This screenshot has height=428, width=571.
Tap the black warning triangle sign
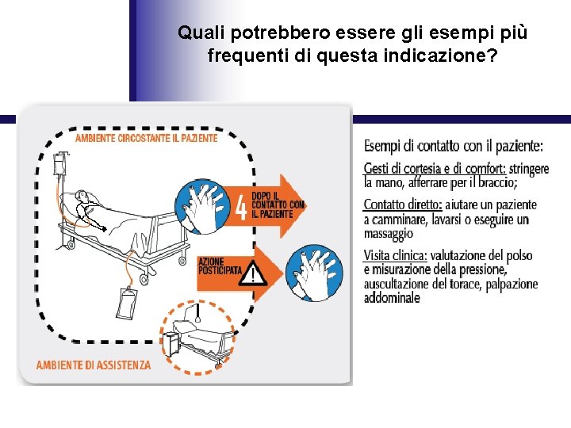click(x=253, y=273)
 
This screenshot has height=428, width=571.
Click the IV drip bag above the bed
click(x=59, y=164)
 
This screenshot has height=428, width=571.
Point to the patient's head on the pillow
click(x=81, y=196)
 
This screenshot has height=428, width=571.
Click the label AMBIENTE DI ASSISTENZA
click(x=94, y=365)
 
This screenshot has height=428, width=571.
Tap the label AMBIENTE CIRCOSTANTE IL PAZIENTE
click(x=147, y=138)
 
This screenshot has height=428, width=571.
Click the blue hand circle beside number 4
click(x=202, y=206)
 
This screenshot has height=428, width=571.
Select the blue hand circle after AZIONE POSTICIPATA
click(x=314, y=273)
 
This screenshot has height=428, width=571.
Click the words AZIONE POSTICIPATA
click(x=219, y=266)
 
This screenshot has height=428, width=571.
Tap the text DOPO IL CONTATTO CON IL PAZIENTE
click(x=278, y=205)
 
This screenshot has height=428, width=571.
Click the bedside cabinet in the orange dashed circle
click(x=170, y=345)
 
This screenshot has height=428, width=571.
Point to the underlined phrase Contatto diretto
click(x=403, y=205)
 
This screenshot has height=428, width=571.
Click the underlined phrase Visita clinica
click(x=395, y=255)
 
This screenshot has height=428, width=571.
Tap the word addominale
click(x=392, y=298)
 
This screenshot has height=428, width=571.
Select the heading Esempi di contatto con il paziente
click(x=454, y=147)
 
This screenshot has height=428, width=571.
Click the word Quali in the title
click(x=201, y=32)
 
